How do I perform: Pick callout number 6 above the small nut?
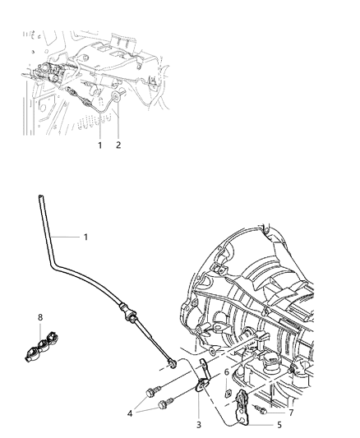tap(227, 371)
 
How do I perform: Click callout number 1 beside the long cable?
tap(85, 237)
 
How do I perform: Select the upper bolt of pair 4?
tap(150, 390)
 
